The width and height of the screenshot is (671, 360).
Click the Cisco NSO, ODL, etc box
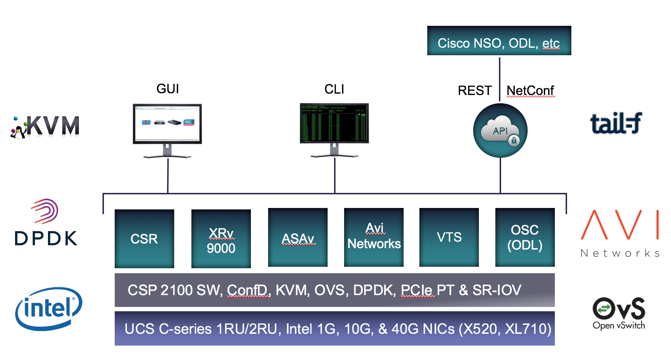pos(499,41)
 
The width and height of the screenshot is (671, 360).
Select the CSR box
pos(144,238)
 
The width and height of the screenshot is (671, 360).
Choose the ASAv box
pos(298,237)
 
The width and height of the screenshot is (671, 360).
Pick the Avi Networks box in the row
pos(373,237)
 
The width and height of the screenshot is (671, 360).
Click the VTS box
pos(449,237)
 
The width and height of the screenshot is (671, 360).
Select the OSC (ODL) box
pos(525,237)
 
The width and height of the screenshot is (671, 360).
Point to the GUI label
pos(167,89)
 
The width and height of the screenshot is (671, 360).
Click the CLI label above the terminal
pos(334,89)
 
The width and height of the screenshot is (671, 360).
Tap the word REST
pos(475,91)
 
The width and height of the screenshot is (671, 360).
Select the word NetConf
pos(530,91)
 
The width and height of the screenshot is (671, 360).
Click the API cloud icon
pos(500,131)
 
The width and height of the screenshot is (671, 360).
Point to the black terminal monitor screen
pos(334,123)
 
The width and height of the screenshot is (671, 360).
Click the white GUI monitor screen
pos(167,123)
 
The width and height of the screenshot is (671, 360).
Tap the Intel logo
pos(49,308)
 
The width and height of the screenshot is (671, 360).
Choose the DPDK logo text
pos(46,238)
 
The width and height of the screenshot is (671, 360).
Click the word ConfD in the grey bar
pos(248,290)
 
